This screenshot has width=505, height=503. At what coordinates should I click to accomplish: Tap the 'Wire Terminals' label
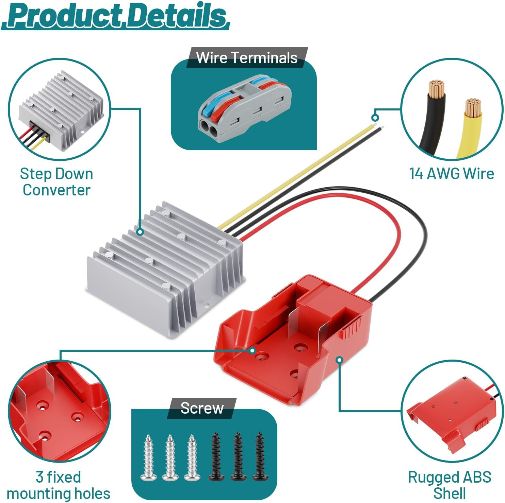pos(247,57)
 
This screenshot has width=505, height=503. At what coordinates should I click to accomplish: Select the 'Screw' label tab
pos(202,408)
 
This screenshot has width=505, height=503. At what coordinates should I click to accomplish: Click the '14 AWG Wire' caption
pos(452,173)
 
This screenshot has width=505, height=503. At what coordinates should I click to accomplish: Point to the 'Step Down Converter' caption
pos(56,181)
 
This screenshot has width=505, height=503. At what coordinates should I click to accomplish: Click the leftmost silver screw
pos(148,457)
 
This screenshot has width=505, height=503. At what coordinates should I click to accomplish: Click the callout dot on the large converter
pos(140,232)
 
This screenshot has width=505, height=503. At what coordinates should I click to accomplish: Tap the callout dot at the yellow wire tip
pos(375,118)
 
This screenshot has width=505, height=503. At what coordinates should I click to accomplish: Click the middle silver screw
pos(170,457)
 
